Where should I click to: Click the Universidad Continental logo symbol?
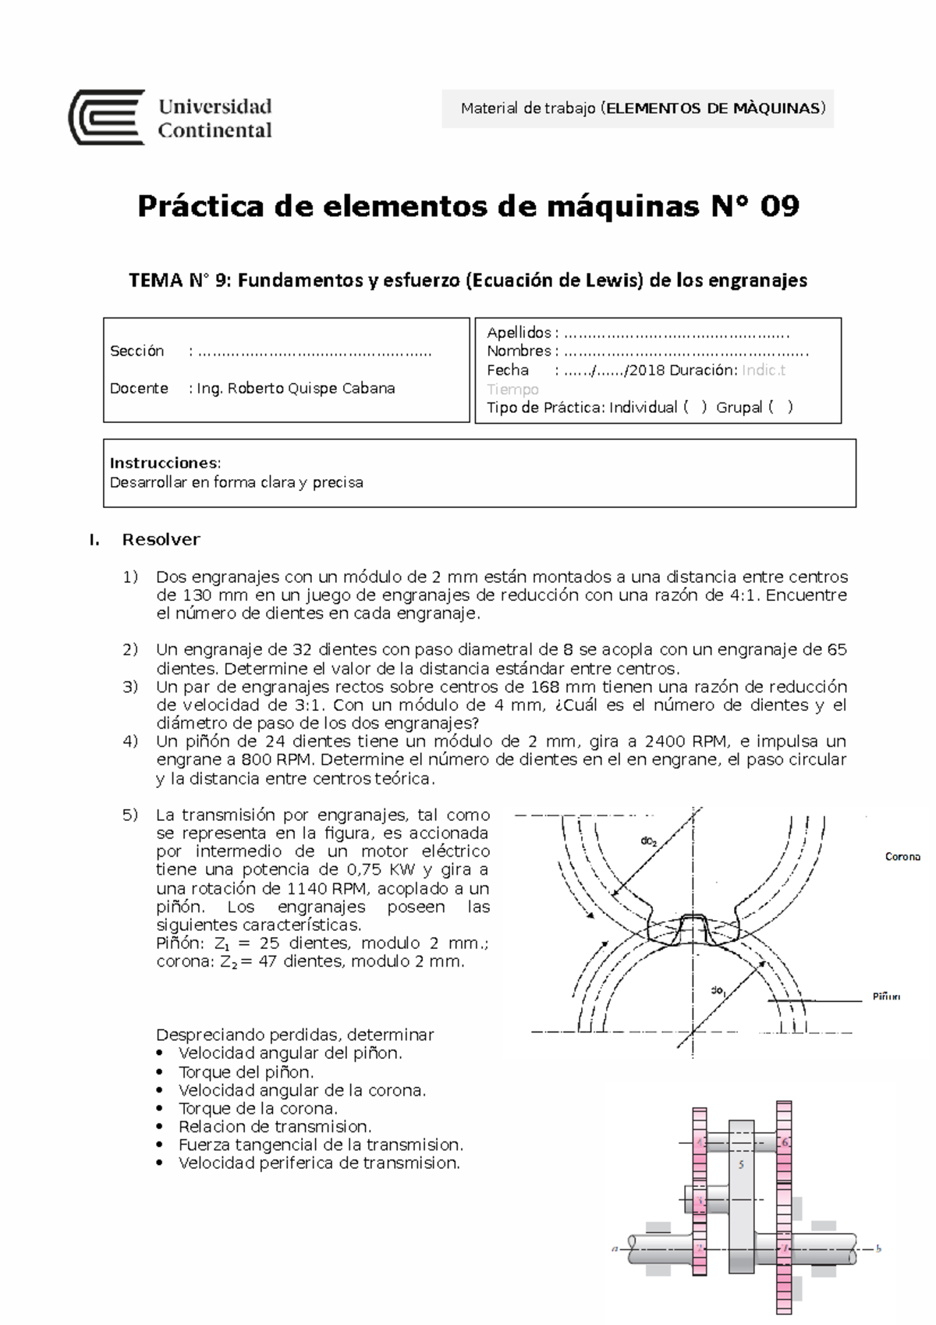tap(107, 117)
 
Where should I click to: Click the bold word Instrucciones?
tap(165, 464)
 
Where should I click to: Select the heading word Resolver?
tap(161, 540)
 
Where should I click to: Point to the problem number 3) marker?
tap(130, 687)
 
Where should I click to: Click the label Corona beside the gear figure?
tap(902, 857)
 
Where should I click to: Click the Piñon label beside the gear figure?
tap(886, 996)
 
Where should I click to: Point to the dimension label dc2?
tap(649, 841)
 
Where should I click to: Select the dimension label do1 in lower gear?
tap(718, 991)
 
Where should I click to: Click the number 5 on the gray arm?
tap(741, 1165)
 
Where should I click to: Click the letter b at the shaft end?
tap(879, 1249)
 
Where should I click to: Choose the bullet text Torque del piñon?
tap(246, 1072)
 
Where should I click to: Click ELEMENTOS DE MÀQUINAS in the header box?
tap(713, 108)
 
